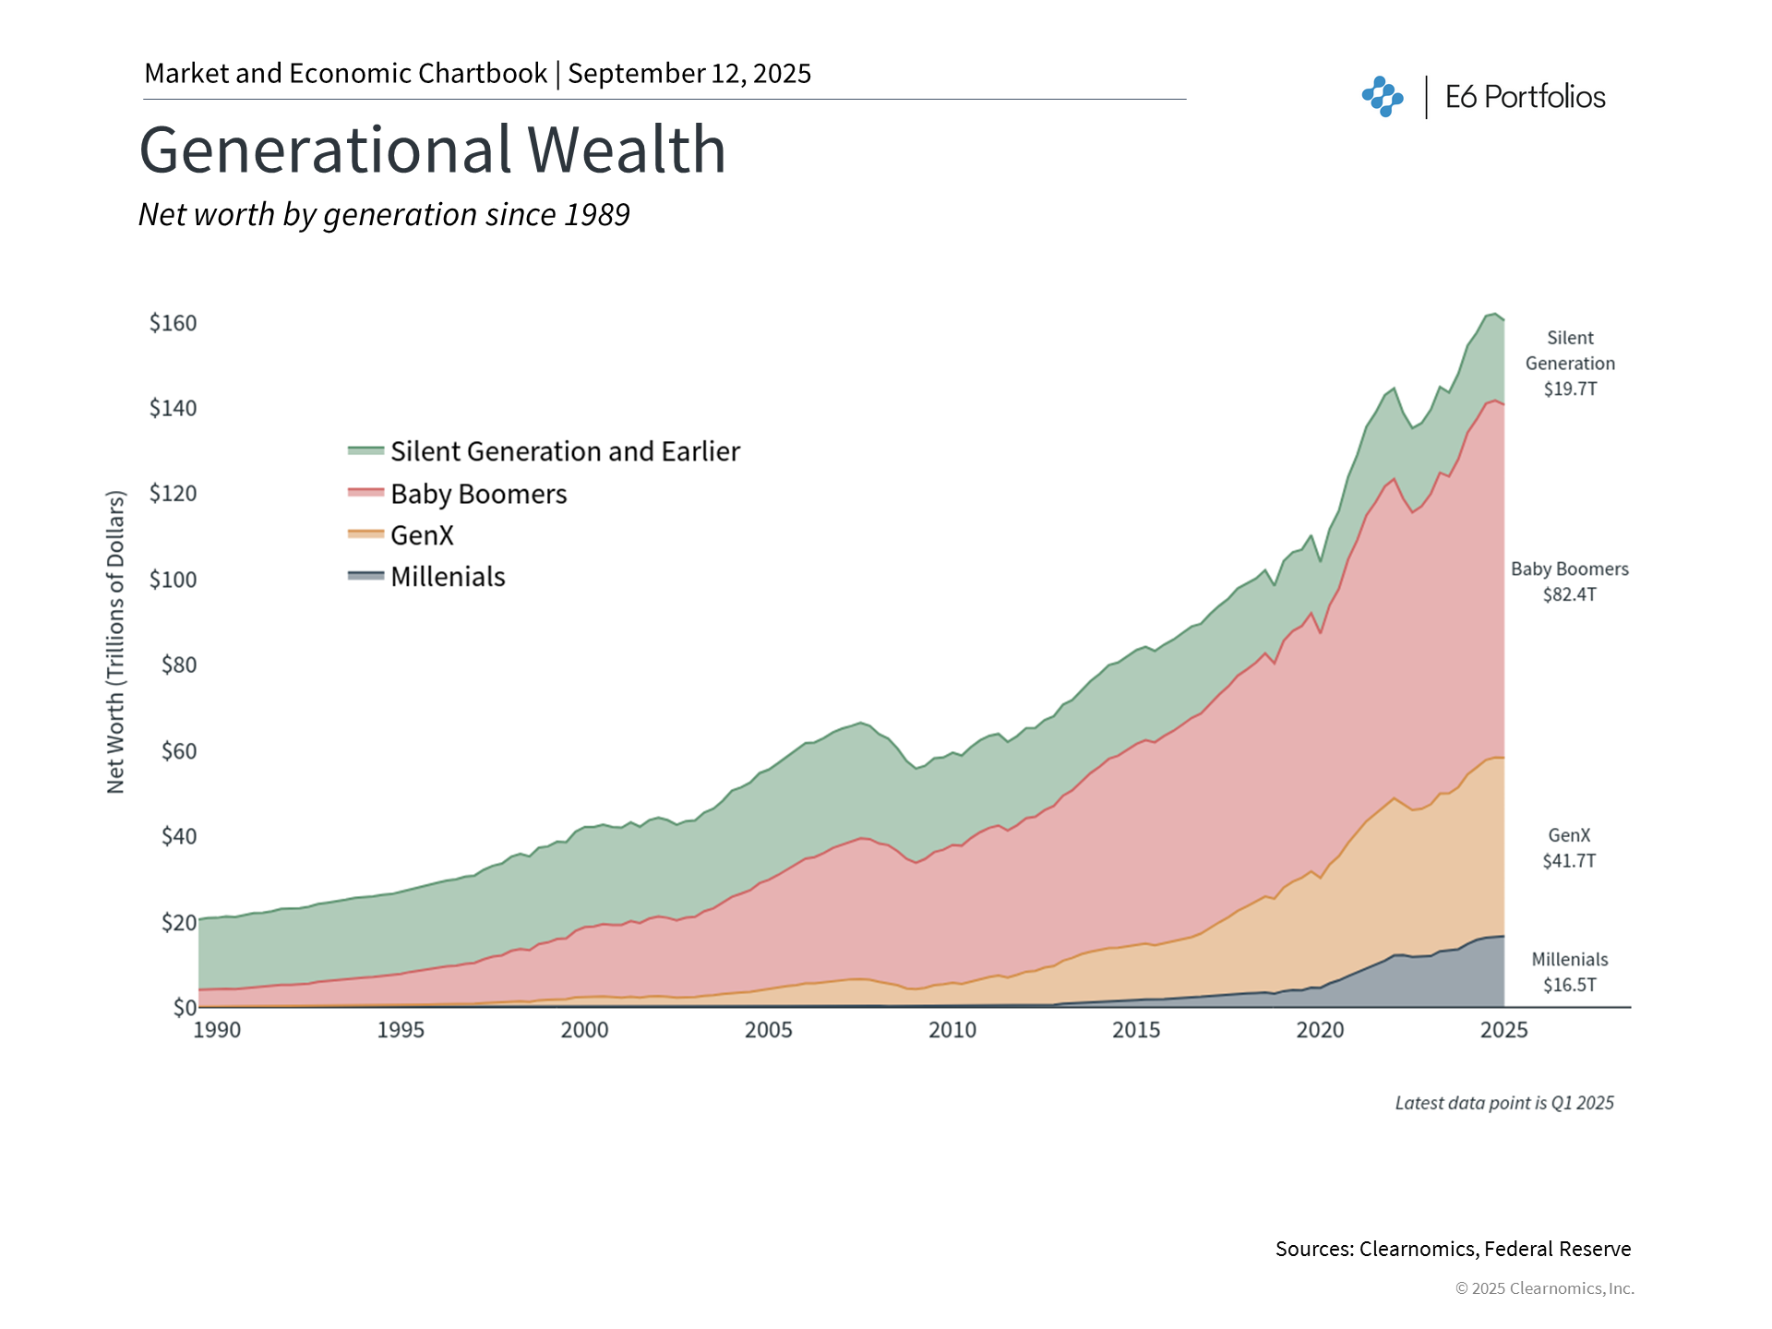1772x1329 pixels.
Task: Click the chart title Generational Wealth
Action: (x=432, y=150)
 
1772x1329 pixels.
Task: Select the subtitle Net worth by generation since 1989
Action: (x=384, y=214)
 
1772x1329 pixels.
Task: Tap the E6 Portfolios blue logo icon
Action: (x=1383, y=97)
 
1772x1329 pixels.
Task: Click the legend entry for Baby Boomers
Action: (x=478, y=494)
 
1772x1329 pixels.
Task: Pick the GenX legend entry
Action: (x=422, y=535)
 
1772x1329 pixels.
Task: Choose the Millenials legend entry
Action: (x=448, y=577)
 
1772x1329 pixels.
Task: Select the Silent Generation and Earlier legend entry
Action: (x=565, y=451)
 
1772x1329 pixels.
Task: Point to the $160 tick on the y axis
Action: (x=174, y=323)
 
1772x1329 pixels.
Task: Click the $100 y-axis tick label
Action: (x=174, y=580)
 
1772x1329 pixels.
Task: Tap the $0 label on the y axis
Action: (x=185, y=1007)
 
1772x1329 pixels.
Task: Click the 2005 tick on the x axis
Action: (x=768, y=1030)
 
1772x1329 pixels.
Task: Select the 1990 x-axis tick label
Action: (x=217, y=1030)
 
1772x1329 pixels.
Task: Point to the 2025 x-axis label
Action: (x=1503, y=1030)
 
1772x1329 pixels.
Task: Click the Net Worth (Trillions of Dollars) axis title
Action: (x=115, y=641)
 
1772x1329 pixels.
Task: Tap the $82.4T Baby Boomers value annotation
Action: (x=1569, y=594)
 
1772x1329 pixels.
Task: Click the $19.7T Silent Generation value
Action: (x=1570, y=389)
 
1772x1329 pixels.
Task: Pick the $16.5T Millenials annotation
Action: (x=1569, y=985)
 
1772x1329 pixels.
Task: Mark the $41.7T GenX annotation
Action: (x=1569, y=861)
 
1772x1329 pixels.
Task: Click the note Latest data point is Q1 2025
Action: (x=1503, y=1103)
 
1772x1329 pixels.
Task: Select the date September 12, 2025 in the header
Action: (x=689, y=74)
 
